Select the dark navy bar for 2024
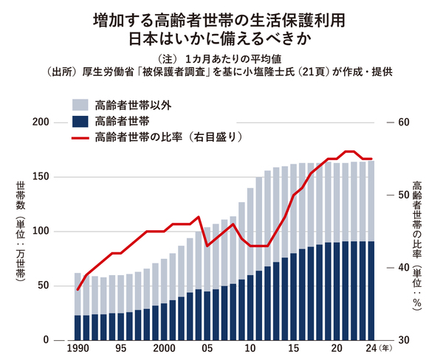click(x=371, y=291)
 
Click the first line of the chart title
click(x=220, y=18)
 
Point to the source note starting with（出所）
click(x=220, y=73)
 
